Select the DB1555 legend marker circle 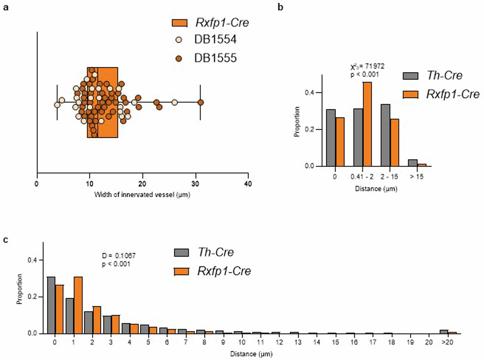(179, 58)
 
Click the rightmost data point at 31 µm (201, 103)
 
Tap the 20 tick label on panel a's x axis (142, 184)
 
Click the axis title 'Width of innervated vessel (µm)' (142, 195)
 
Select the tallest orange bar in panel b (367, 124)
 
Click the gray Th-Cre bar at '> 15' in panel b (413, 163)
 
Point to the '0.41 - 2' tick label (362, 177)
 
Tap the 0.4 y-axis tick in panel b (309, 93)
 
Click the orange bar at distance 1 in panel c (78, 305)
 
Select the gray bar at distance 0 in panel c (51, 305)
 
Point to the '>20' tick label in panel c (447, 342)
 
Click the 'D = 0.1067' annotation (119, 256)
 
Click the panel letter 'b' (280, 7)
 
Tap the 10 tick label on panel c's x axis (242, 342)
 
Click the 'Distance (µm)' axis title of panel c (251, 354)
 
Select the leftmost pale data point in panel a (57, 105)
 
